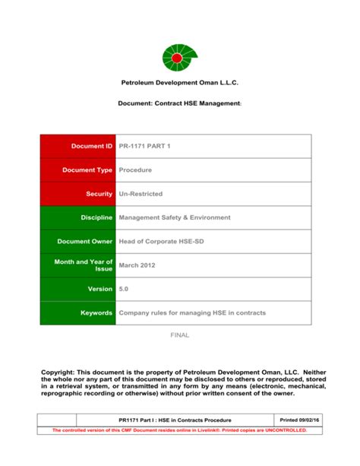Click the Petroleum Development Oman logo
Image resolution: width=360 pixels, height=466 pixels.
pyautogui.click(x=179, y=57)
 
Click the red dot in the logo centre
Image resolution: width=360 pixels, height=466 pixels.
pyautogui.click(x=177, y=58)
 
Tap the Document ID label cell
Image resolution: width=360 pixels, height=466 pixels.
pyautogui.click(x=78, y=146)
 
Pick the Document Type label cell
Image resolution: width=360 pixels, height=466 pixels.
pyautogui.click(x=78, y=170)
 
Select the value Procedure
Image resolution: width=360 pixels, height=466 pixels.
pyautogui.click(x=135, y=170)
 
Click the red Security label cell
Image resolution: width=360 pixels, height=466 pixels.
pyautogui.click(x=78, y=194)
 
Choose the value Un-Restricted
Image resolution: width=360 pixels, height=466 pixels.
pyautogui.click(x=141, y=194)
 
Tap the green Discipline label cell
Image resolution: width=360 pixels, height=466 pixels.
pyautogui.click(x=78, y=217)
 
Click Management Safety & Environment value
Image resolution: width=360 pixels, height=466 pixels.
pyautogui.click(x=174, y=217)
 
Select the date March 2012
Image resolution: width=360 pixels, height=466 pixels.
pyautogui.click(x=137, y=265)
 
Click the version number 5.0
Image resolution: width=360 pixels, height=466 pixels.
pyautogui.click(x=125, y=289)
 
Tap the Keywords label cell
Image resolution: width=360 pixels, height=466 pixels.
pyautogui.click(x=78, y=313)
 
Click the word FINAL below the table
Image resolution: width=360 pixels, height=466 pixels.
pyautogui.click(x=179, y=335)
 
